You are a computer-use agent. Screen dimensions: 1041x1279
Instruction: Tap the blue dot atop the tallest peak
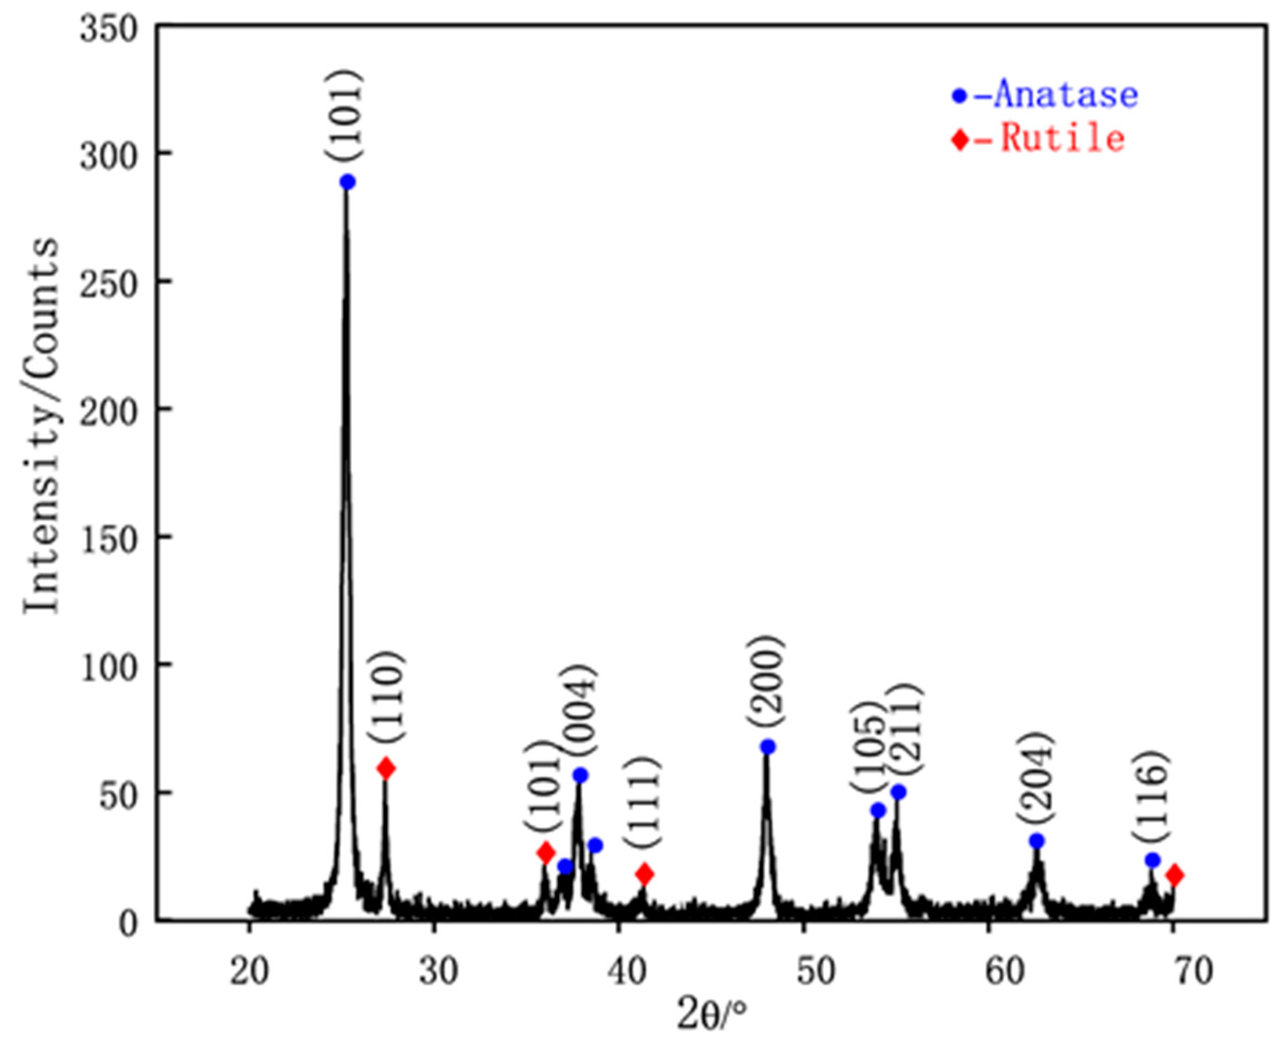click(x=348, y=182)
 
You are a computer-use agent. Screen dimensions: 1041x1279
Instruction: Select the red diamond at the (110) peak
click(x=386, y=768)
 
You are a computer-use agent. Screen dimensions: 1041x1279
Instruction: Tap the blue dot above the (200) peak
click(x=768, y=746)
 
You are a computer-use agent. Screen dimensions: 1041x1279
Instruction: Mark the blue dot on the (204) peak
click(x=1037, y=841)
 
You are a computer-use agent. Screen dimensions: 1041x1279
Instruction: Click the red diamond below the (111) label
click(x=644, y=873)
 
